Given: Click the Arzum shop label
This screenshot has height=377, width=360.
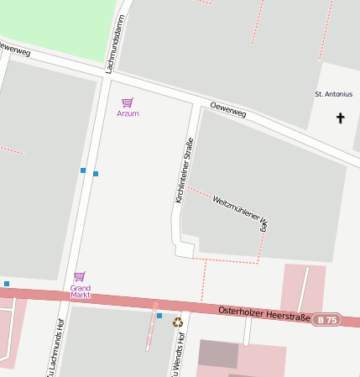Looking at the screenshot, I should click(x=128, y=113).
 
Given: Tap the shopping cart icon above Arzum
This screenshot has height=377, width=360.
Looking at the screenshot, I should click(x=128, y=102).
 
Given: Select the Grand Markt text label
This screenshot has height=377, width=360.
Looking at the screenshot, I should click(x=80, y=291).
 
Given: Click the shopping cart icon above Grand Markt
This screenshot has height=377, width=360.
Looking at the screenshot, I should click(x=80, y=276).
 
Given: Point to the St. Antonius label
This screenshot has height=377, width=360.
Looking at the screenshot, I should click(x=333, y=94).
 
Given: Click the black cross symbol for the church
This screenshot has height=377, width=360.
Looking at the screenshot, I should click(x=341, y=118).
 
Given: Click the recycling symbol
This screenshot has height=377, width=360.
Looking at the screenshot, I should click(x=177, y=322).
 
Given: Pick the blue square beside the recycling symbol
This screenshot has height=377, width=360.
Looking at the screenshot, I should click(x=159, y=316).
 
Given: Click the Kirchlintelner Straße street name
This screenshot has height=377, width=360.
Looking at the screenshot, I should click(x=184, y=170).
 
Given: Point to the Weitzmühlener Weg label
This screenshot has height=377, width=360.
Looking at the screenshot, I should click(x=242, y=213).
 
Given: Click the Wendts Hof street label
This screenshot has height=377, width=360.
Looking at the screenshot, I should click(x=179, y=357).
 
